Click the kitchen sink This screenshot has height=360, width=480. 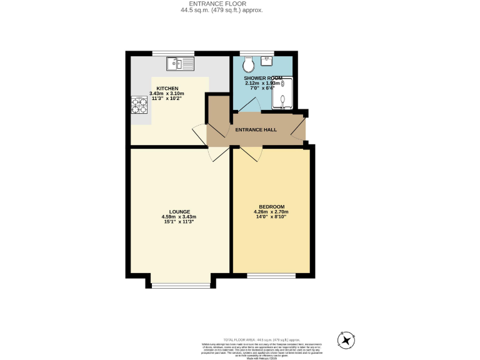(x=181, y=63)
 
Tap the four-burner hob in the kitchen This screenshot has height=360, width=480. (x=139, y=105)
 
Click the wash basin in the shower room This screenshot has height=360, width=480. (x=267, y=61)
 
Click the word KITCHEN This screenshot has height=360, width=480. (x=167, y=88)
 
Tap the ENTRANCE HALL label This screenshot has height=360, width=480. (x=256, y=129)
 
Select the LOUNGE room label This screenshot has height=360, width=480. (x=179, y=212)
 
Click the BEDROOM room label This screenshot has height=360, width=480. (x=272, y=207)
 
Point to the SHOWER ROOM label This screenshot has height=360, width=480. (x=263, y=78)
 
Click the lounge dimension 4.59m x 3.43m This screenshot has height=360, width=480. (x=179, y=217)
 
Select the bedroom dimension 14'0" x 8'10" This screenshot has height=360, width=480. (x=272, y=217)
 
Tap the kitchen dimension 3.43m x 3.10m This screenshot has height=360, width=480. (x=167, y=94)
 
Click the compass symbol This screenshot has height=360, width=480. (x=346, y=339)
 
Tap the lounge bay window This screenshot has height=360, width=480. (x=181, y=286)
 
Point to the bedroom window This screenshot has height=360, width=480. (x=271, y=275)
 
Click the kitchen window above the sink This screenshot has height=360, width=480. (x=181, y=53)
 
